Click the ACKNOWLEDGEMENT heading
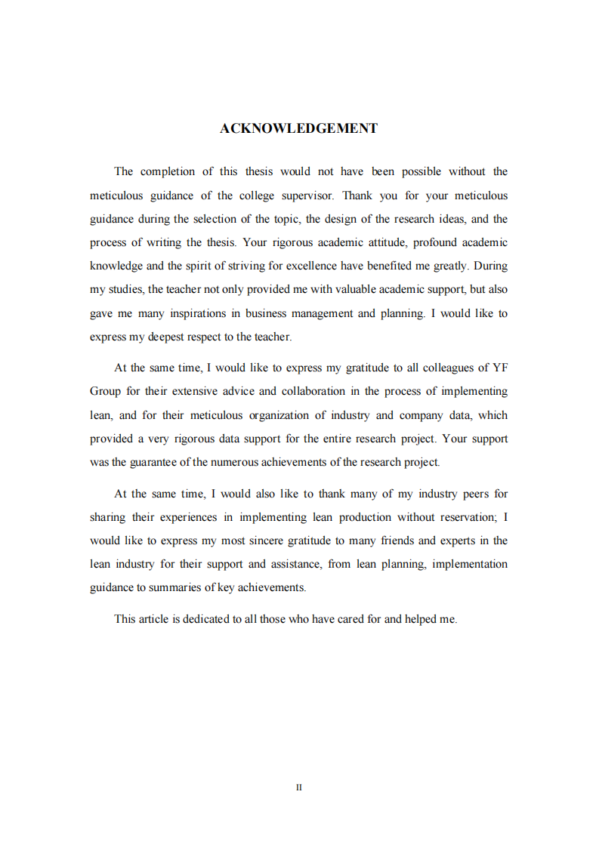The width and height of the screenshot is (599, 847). click(298, 128)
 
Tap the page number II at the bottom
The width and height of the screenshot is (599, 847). click(299, 787)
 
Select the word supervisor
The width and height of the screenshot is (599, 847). click(307, 196)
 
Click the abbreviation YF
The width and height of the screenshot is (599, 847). click(499, 368)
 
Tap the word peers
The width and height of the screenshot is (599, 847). click(474, 494)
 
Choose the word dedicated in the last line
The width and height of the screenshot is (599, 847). click(207, 619)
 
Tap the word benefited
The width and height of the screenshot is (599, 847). click(398, 266)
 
